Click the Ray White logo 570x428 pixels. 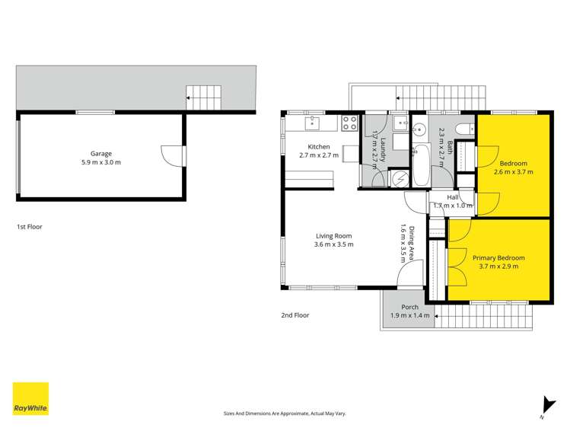tap(30, 398)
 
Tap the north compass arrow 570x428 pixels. tap(543, 406)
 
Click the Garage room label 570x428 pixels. tap(101, 153)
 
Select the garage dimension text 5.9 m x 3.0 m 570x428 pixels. tap(101, 162)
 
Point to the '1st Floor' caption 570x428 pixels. tap(30, 227)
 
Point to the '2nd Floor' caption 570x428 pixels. tap(294, 315)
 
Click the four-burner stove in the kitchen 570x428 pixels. tap(350, 121)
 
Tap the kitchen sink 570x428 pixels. tap(313, 121)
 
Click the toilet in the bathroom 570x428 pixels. tap(462, 127)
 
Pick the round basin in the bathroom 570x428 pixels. tap(419, 126)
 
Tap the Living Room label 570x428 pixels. tap(333, 235)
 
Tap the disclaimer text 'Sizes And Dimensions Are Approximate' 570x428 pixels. tap(284, 413)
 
